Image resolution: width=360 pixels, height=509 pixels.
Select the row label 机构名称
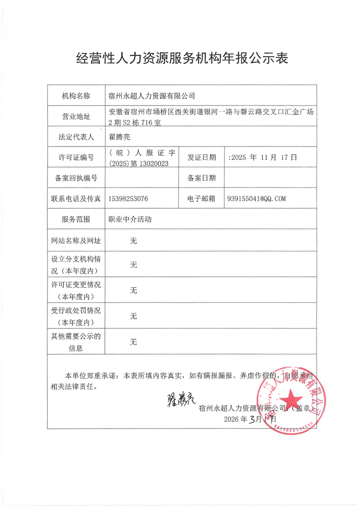coord(76,96)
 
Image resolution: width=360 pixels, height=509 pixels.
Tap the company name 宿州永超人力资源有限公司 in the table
coord(151,96)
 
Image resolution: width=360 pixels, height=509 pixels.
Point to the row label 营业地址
coord(76,117)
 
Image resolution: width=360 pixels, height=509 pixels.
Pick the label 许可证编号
coord(76,157)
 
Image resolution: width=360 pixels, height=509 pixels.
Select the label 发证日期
coord(201,157)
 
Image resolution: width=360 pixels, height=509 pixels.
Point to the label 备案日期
coord(201,178)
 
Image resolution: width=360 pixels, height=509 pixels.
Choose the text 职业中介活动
coord(129,219)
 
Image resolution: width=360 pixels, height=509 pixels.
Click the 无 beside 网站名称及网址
coord(133,241)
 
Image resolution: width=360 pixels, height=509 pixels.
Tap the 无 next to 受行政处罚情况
coord(133,316)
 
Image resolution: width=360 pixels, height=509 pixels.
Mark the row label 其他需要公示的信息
coord(76,342)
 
